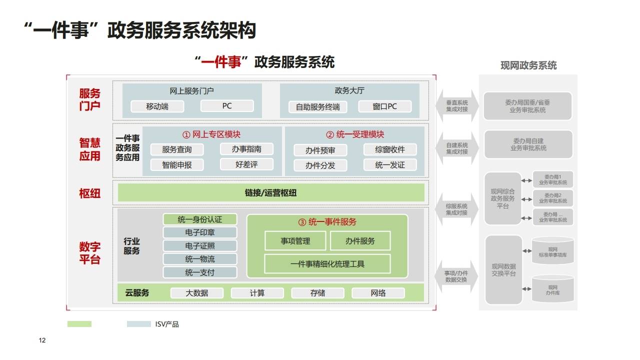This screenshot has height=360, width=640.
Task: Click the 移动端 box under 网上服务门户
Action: point(157,106)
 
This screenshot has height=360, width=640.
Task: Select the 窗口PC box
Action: point(384,106)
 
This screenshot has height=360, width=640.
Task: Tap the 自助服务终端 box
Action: point(317,106)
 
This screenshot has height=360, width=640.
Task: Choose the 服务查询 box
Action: point(176,149)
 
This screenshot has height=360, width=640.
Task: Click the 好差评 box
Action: point(246,164)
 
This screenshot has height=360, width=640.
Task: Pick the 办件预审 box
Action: point(320,150)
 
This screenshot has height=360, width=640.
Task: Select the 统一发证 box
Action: point(389,164)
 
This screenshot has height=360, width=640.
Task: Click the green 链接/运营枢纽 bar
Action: point(270,192)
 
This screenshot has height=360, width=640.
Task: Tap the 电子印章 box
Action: point(199,232)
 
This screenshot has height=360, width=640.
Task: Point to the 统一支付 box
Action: point(199,272)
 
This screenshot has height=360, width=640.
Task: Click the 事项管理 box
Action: point(295,241)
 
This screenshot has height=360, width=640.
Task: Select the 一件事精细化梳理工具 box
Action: point(327,264)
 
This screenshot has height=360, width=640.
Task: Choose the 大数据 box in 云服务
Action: point(196,293)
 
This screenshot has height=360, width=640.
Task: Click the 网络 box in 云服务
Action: point(378,293)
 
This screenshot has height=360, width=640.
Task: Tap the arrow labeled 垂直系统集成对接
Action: point(457,106)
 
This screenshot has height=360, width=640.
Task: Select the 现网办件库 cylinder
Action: point(552,289)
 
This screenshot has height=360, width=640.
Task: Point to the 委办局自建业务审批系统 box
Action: point(528,144)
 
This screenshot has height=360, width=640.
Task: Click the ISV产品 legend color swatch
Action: point(138,324)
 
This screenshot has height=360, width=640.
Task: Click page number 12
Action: point(42,340)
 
